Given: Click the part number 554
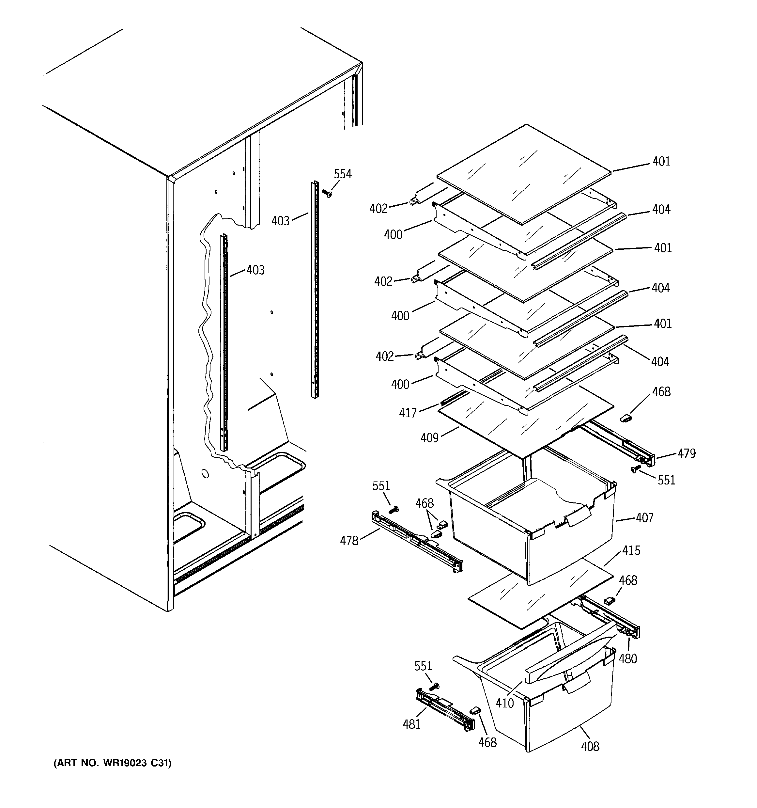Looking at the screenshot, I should tap(342, 174).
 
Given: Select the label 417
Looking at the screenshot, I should tap(408, 413).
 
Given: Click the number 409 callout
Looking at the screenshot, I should tap(429, 438).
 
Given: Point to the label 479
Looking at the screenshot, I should tap(686, 453).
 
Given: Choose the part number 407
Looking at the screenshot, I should tap(644, 518).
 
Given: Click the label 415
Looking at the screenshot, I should tap(631, 550).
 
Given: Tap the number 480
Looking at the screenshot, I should tap(627, 658).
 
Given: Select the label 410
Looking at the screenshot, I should tap(505, 703).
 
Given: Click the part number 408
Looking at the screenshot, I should tap(590, 746).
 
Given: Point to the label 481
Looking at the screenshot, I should tap(411, 724).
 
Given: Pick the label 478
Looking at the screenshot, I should tap(349, 541).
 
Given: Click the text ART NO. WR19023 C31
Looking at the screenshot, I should tap(113, 763).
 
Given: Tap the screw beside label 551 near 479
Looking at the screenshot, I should tap(634, 469).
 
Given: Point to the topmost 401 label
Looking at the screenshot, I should tap(661, 161).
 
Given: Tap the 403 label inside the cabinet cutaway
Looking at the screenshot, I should tap(255, 270).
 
